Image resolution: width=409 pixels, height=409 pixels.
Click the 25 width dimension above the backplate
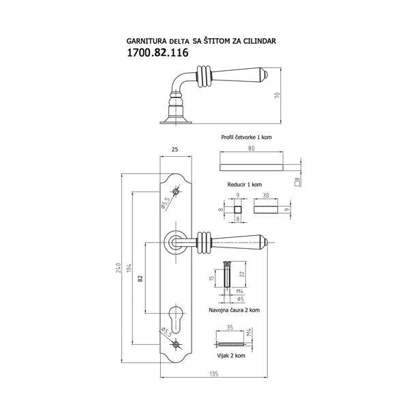[175, 149]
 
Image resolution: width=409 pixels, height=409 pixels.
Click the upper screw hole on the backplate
[177, 194]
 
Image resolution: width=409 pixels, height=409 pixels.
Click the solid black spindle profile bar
[253, 166]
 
